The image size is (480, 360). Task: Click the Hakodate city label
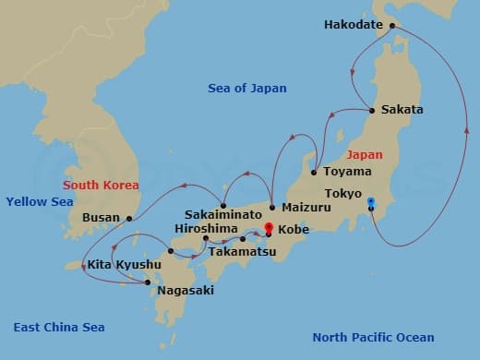tap(353, 25)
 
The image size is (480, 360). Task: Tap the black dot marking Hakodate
tap(391, 26)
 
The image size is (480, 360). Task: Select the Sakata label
tap(402, 110)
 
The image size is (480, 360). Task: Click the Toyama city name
tap(348, 171)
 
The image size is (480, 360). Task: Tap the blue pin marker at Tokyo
tap(370, 202)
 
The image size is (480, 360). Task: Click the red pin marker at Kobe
tap(269, 227)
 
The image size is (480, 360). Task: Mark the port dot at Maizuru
tap(272, 207)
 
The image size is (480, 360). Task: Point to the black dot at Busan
tap(129, 219)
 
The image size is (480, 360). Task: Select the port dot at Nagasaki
tap(149, 282)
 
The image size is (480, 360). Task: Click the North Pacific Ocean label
tap(373, 337)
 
